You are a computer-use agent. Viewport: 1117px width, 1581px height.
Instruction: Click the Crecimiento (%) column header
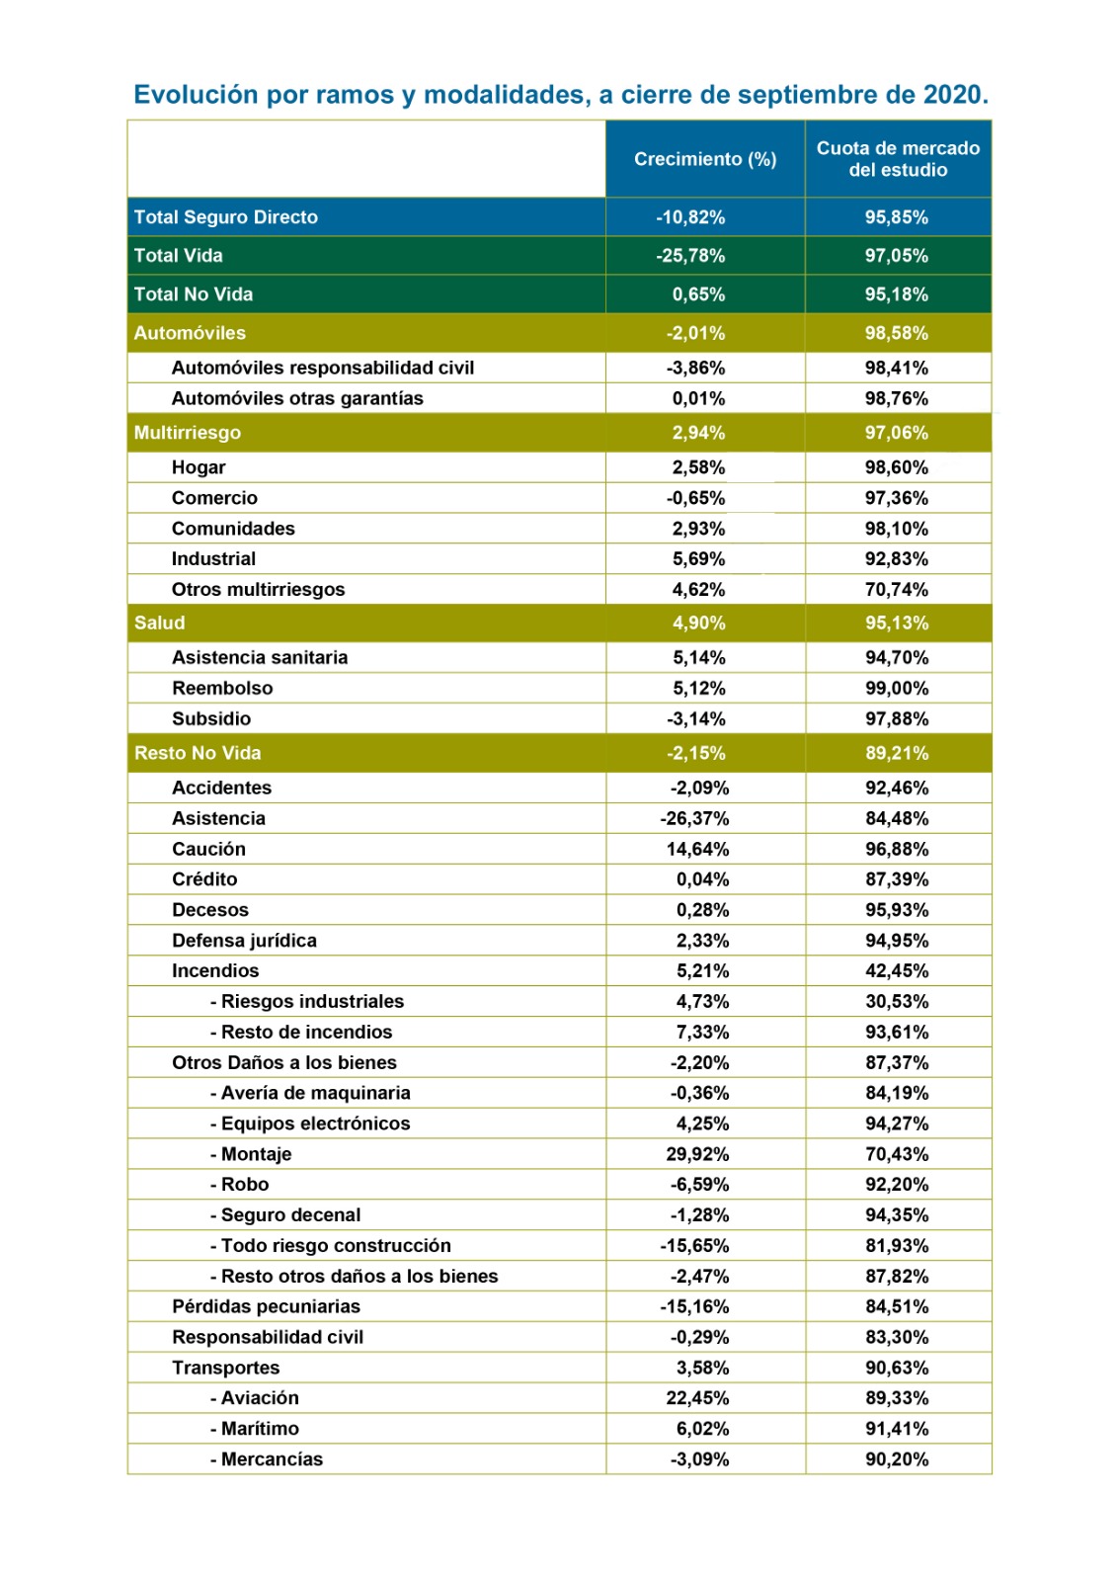(704, 159)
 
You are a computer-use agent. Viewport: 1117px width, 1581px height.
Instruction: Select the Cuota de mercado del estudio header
(897, 159)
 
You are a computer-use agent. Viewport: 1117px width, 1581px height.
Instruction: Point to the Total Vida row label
(179, 256)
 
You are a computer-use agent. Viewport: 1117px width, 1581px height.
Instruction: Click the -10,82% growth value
(690, 217)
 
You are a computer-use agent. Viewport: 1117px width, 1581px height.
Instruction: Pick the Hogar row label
(199, 467)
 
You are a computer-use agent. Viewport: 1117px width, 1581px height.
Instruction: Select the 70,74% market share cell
(896, 590)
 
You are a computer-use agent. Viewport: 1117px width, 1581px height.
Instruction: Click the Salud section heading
(160, 624)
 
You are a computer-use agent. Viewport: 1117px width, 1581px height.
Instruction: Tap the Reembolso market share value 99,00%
(896, 689)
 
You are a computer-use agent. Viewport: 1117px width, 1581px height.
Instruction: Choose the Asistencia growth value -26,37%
(694, 819)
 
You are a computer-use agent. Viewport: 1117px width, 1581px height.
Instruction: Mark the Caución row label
(208, 850)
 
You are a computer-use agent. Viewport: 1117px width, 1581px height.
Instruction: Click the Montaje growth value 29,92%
(697, 1155)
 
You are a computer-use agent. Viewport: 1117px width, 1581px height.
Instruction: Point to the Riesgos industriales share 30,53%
(896, 1002)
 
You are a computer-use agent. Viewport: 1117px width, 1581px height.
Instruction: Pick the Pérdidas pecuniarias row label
(266, 1307)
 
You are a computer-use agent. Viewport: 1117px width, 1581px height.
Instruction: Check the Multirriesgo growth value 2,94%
(698, 433)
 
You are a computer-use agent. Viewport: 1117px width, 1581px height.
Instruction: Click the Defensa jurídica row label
(244, 941)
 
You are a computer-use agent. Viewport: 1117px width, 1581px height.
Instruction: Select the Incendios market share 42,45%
(896, 971)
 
